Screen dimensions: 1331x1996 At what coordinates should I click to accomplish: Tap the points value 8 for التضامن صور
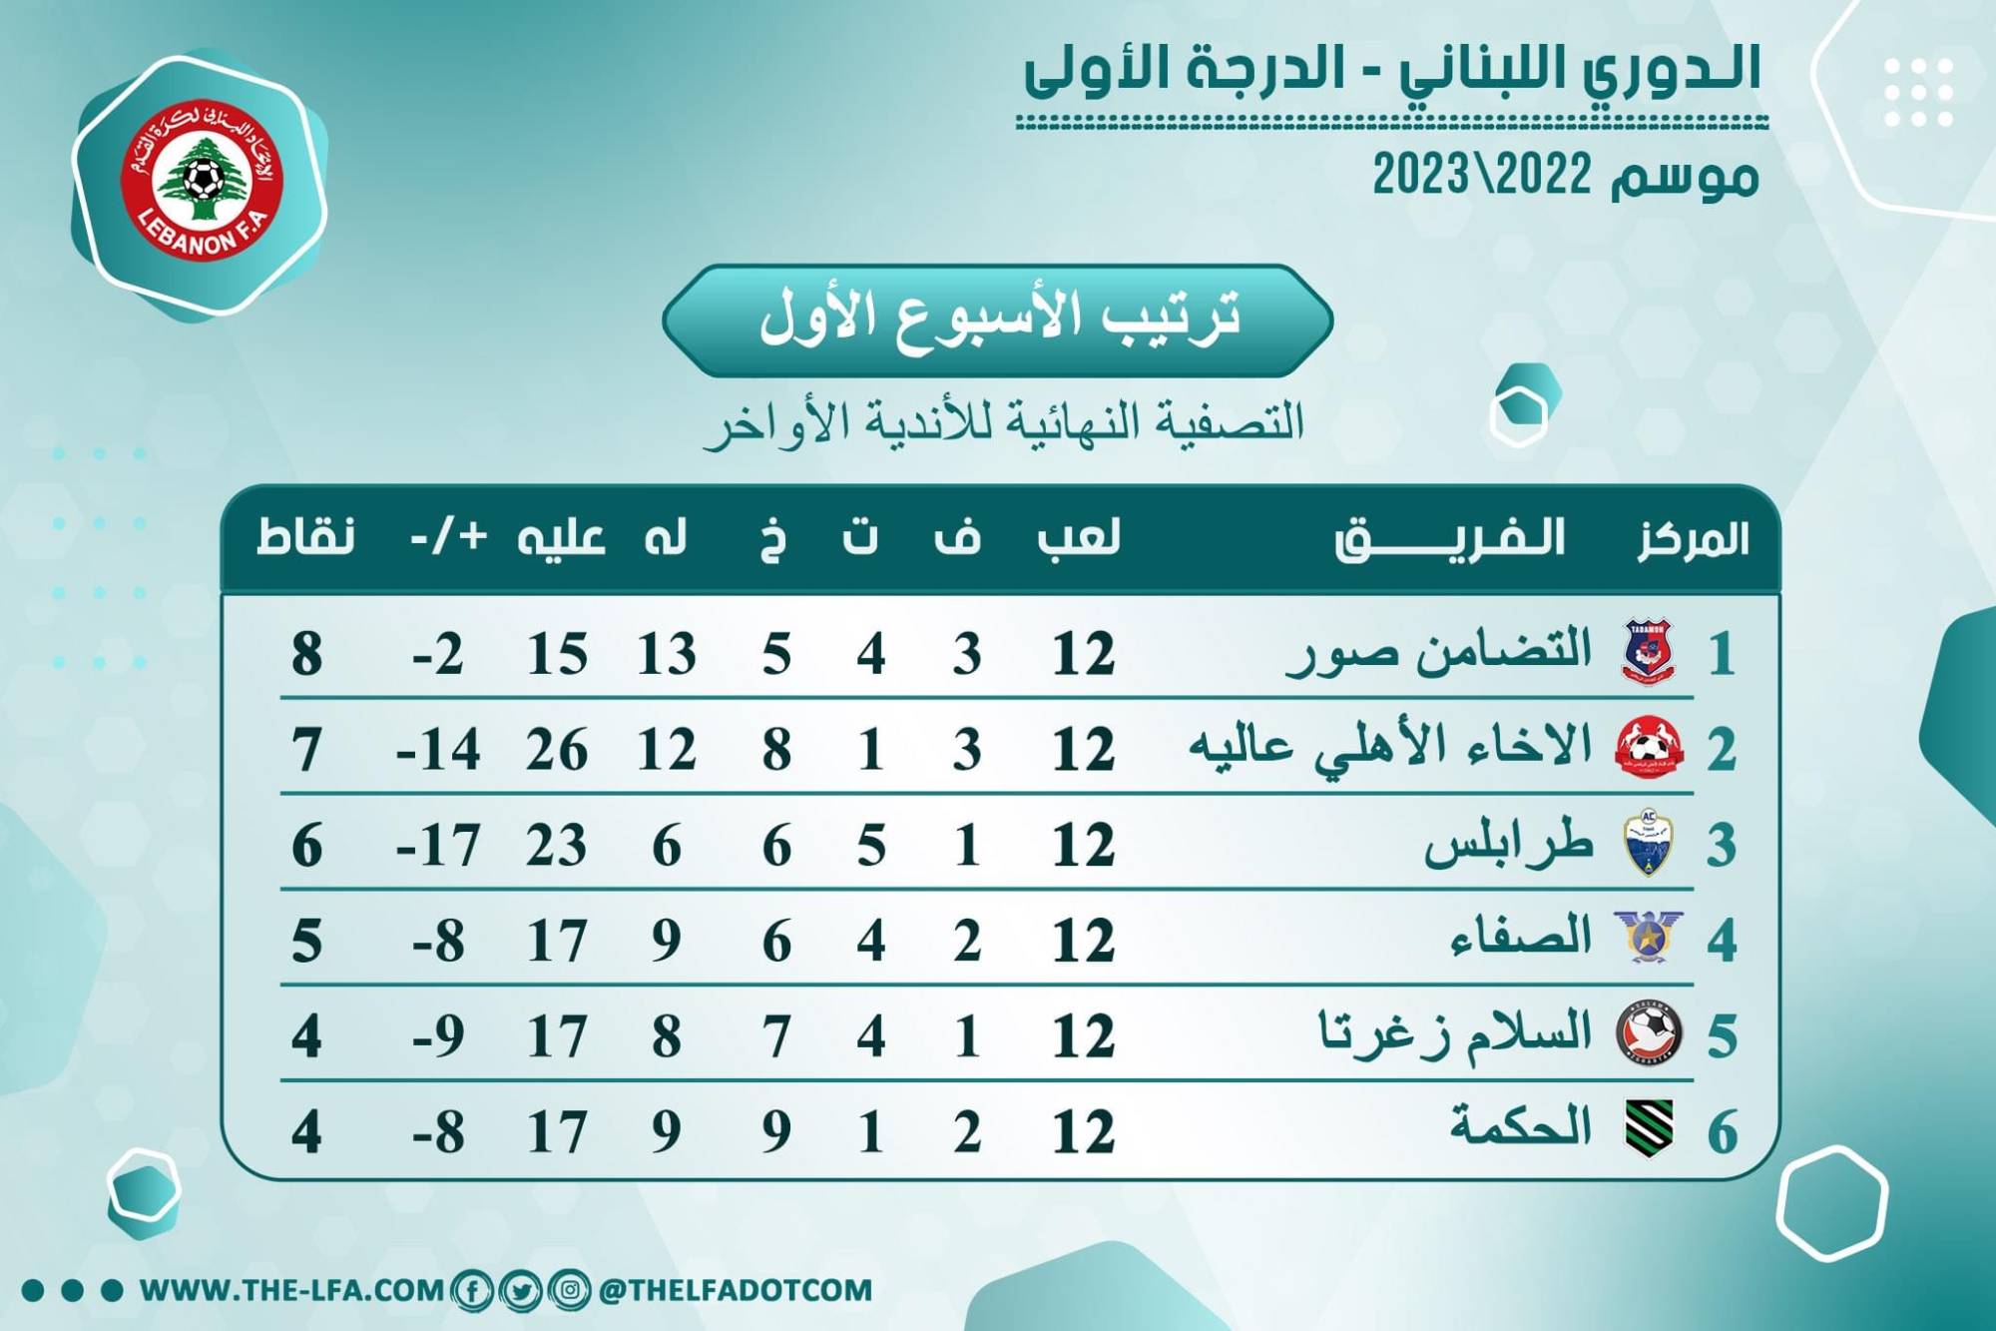coord(307,655)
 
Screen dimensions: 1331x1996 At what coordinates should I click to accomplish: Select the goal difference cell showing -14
coord(438,750)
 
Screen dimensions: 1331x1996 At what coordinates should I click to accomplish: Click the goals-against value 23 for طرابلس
coord(557,846)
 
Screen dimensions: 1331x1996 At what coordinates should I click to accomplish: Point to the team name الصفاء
coord(1521,938)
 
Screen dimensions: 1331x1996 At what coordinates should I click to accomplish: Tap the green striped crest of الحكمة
coord(1648,1128)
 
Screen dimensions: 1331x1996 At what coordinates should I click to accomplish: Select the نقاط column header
coord(306,538)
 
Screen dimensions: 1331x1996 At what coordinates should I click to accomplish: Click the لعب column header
coord(1080,538)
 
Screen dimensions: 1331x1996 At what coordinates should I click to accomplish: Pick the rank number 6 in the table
coord(1723,1132)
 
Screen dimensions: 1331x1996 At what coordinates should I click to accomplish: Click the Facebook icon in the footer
coord(471,1290)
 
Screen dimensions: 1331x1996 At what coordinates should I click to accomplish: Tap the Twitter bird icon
coord(520,1290)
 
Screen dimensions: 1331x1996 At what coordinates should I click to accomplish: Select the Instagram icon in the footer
coord(569,1290)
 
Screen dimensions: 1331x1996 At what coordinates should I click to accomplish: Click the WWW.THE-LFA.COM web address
coord(291,1290)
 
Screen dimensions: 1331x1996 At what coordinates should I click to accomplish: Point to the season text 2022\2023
coord(1482,176)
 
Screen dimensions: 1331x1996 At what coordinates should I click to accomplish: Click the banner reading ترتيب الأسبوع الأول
coord(998,320)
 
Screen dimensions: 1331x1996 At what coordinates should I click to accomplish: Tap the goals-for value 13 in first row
coord(667,655)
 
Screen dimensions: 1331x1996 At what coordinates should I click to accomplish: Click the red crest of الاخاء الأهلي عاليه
coord(1648,747)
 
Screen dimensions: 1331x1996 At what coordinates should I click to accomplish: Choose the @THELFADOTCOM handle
coord(736,1290)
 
